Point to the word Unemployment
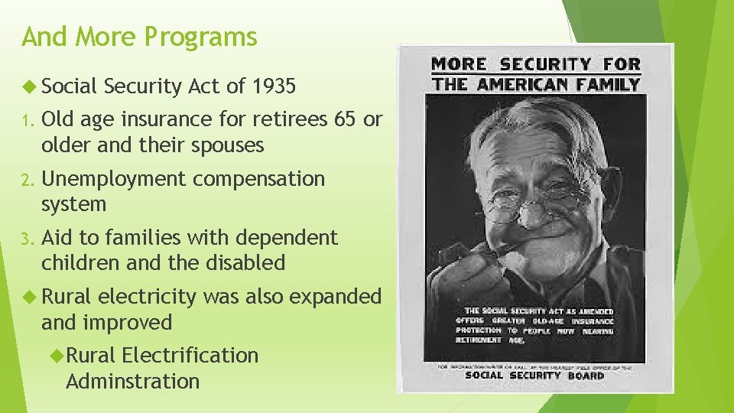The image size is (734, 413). click(114, 178)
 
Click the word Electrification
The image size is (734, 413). click(190, 355)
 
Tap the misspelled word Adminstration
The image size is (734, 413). click(132, 381)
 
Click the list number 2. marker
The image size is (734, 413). click(28, 179)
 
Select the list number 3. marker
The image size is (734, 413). click(28, 238)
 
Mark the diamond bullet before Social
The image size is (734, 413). click(28, 86)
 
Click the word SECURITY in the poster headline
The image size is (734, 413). click(545, 65)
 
